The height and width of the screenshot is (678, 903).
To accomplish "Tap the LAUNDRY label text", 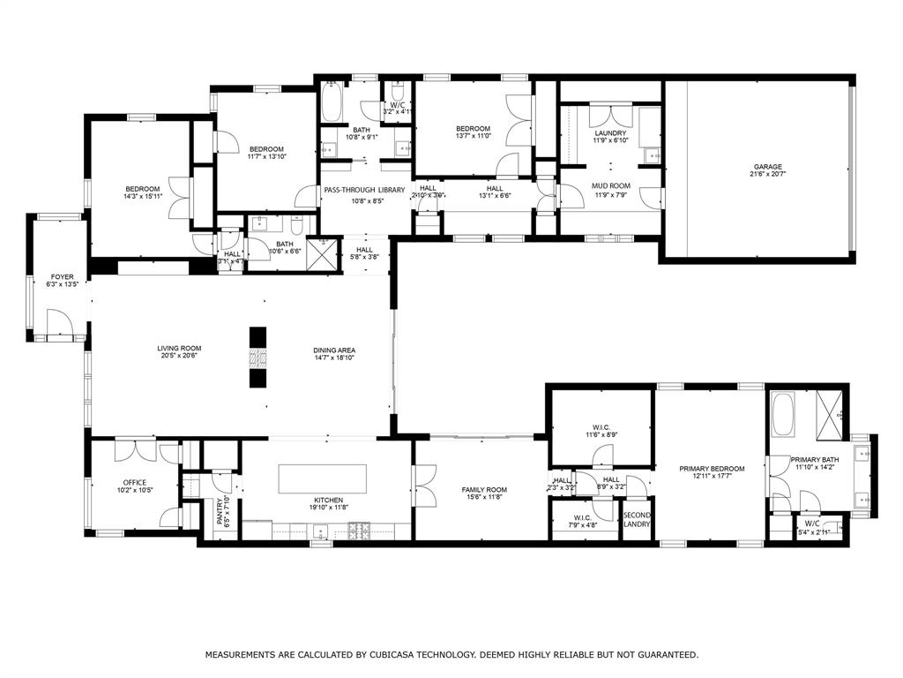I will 609,133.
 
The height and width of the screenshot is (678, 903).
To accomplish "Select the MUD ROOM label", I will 609,185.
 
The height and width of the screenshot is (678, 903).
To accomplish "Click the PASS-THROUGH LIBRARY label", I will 364,190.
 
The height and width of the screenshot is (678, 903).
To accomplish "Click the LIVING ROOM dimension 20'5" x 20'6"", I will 179,356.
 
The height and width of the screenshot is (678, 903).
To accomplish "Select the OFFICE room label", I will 135,482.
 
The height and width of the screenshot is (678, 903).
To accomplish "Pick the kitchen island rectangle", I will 323,478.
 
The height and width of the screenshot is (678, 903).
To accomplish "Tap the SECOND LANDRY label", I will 637,519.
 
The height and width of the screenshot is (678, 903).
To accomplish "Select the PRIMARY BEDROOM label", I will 711,469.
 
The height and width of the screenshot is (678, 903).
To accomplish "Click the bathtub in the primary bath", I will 784,415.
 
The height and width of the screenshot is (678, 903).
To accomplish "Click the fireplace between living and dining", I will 257,358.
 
